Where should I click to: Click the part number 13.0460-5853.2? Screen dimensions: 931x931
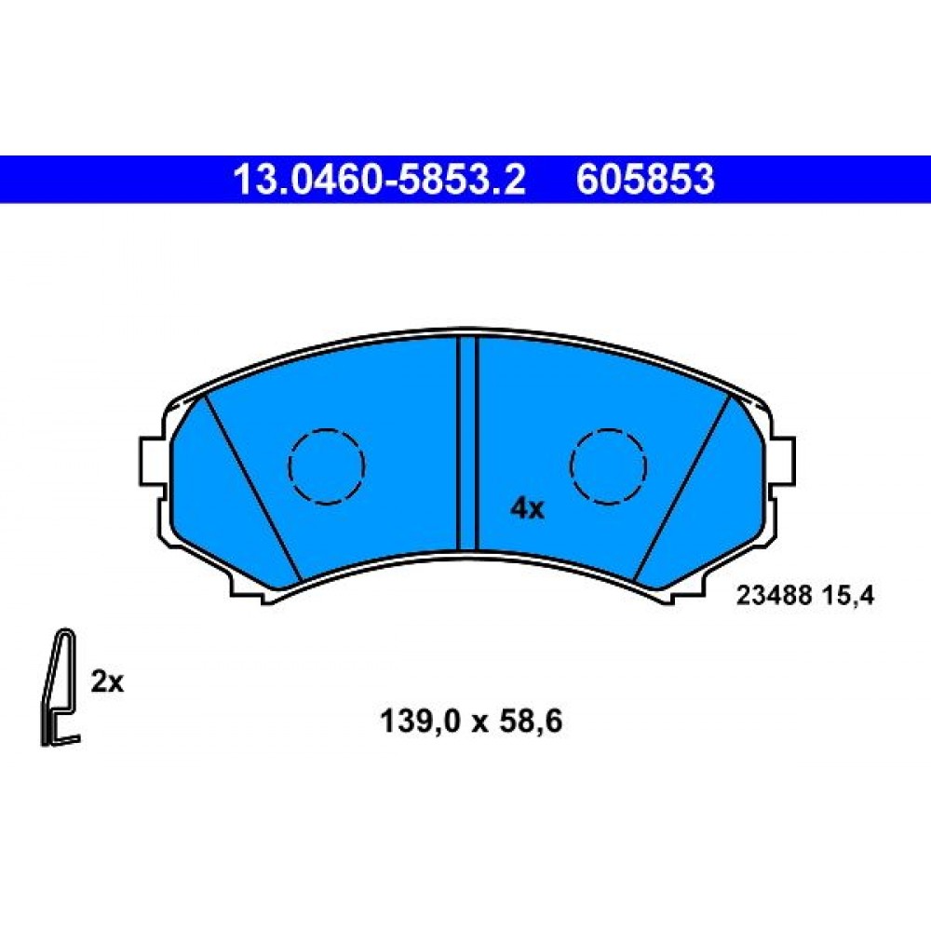(x=380, y=180)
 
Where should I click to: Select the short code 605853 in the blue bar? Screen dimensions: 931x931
(x=645, y=180)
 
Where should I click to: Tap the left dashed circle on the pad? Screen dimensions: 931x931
(x=326, y=466)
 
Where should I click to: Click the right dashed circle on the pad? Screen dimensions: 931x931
(x=608, y=466)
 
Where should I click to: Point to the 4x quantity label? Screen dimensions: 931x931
(x=527, y=509)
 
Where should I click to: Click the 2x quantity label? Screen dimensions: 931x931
(x=107, y=682)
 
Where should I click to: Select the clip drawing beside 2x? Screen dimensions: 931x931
(x=60, y=687)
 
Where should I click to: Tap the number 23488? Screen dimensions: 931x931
(x=773, y=595)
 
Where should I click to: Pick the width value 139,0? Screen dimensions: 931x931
(x=419, y=722)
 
